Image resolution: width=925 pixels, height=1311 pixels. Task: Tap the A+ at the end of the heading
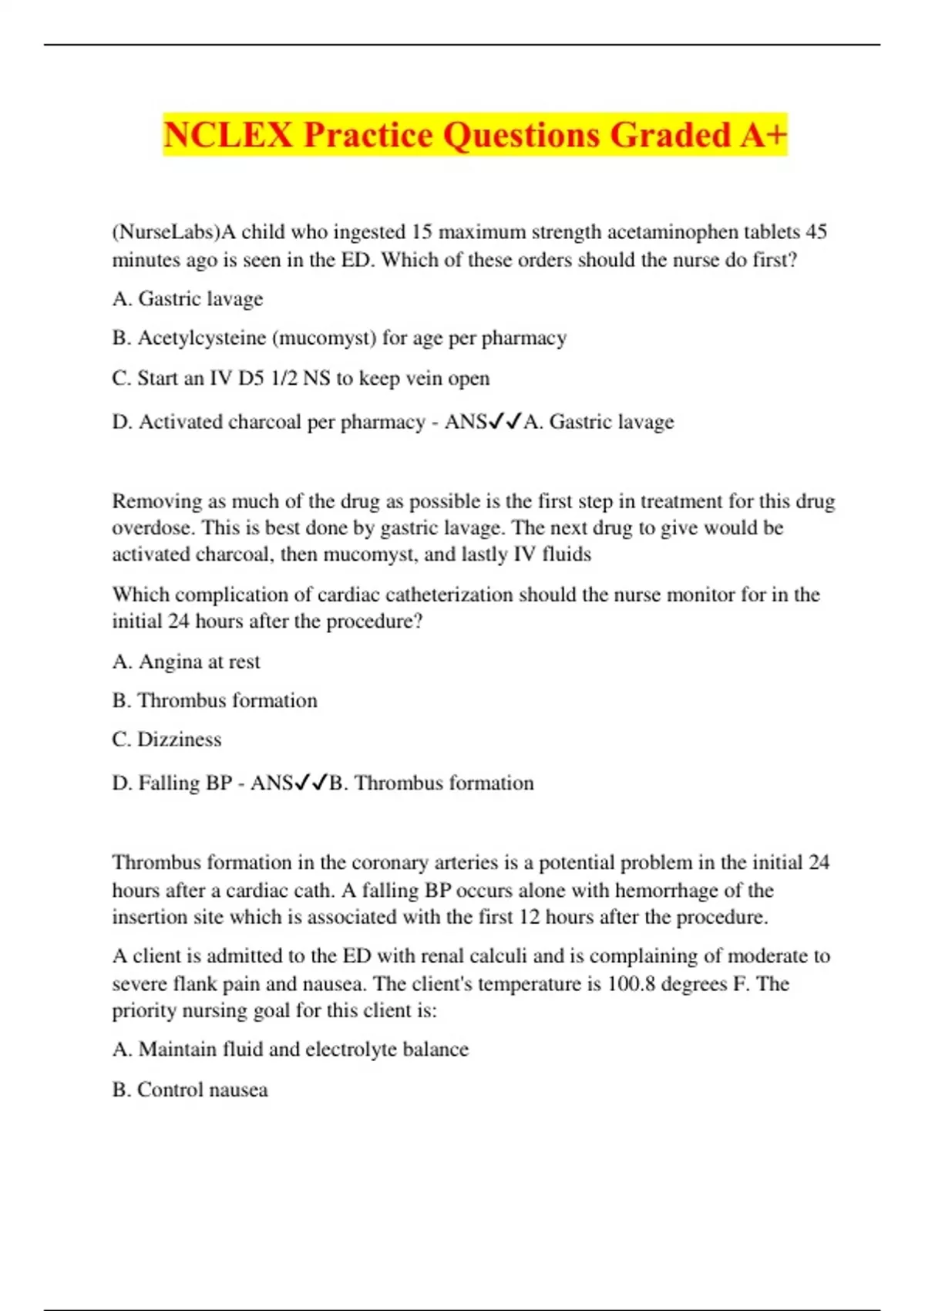pos(763,135)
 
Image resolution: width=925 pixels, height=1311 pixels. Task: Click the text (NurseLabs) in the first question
pos(166,232)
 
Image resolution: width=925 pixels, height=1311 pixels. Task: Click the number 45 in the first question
pos(816,232)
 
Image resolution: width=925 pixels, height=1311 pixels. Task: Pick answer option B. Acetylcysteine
pos(339,338)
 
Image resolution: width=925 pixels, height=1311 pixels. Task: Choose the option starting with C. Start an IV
pos(301,379)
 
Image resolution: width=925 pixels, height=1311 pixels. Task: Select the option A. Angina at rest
pos(186,662)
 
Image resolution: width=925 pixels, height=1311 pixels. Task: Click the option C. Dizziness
pos(166,740)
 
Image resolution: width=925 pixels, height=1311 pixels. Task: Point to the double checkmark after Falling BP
pos(311,783)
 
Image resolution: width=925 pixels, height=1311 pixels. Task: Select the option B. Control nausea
pos(190,1090)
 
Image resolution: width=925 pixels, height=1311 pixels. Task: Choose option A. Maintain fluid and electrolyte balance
pos(290,1050)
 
